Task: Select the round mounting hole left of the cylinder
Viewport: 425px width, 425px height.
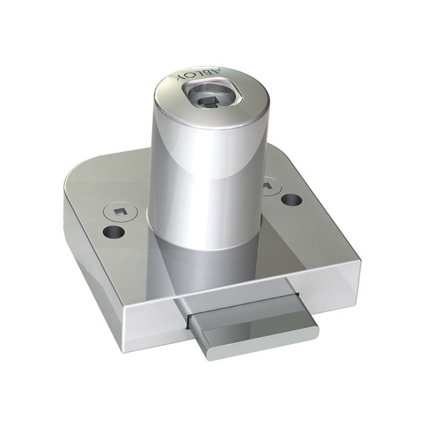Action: click(114, 232)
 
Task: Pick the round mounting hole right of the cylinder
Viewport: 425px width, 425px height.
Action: click(291, 200)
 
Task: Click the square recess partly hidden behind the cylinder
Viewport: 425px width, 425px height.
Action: click(267, 186)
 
